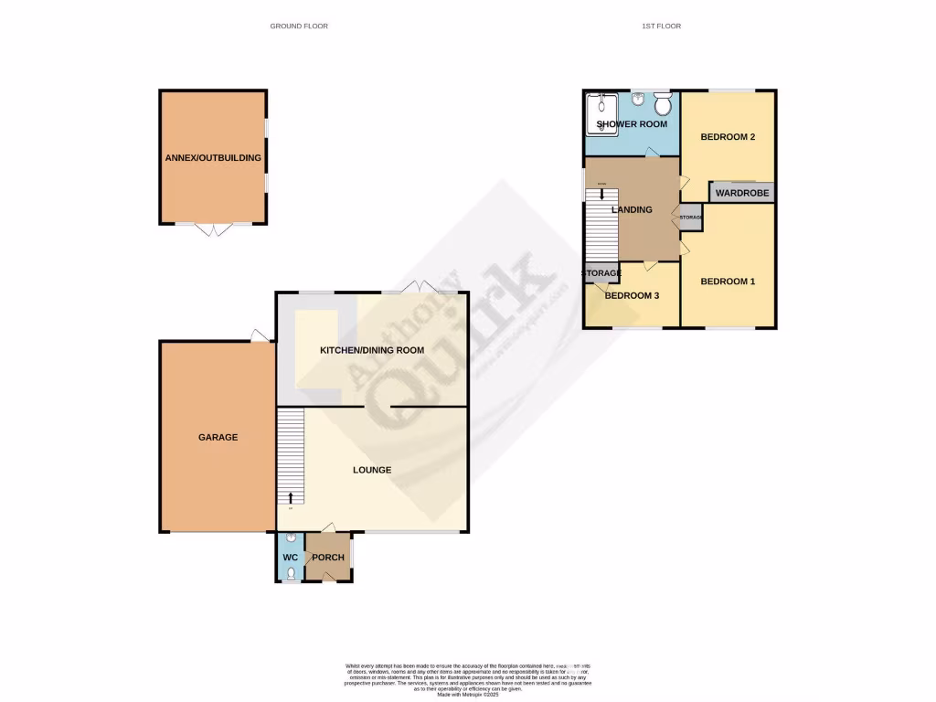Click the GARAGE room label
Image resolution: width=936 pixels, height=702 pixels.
click(x=218, y=437)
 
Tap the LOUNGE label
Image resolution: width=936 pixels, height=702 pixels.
click(x=372, y=470)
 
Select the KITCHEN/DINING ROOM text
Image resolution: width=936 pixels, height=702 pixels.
click(x=372, y=350)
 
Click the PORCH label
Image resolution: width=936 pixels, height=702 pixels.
click(x=328, y=558)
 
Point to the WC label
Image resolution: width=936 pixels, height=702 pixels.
click(x=290, y=558)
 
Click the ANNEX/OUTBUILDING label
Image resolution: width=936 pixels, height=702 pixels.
click(x=213, y=157)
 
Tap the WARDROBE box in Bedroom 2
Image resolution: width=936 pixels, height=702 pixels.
click(x=741, y=193)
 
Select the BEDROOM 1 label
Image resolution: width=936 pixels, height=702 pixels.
click(x=728, y=282)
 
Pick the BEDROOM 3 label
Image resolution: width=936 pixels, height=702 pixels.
click(x=632, y=296)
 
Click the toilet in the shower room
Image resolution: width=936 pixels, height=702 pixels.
click(x=663, y=103)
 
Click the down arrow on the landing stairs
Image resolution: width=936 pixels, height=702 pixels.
click(x=601, y=193)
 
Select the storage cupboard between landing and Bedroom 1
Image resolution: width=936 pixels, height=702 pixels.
click(x=690, y=217)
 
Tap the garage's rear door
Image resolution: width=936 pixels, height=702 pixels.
click(x=260, y=336)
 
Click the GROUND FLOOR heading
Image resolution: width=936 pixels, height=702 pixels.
click(x=299, y=26)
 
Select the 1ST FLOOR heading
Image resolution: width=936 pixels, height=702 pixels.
click(x=661, y=26)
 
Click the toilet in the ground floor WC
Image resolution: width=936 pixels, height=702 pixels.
click(x=290, y=574)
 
